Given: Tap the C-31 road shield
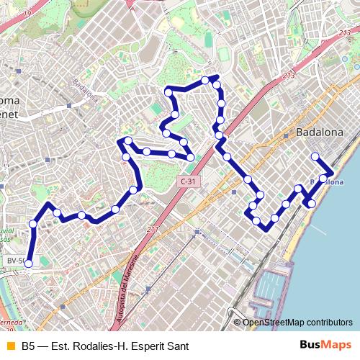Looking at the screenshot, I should [187, 182].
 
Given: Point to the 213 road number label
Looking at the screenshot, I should [289, 75].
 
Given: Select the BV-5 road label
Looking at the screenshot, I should [15, 260].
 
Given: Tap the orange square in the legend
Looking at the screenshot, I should [9, 346].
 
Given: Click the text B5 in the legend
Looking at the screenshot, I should [28, 346].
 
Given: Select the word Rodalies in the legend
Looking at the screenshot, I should [91, 346].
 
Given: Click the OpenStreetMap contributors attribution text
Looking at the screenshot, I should [297, 323].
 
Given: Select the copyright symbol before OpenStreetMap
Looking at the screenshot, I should [237, 323].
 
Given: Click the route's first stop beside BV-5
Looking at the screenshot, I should [29, 264].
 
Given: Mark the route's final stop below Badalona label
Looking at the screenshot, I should [315, 156].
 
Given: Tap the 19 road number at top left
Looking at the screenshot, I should [27, 13].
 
